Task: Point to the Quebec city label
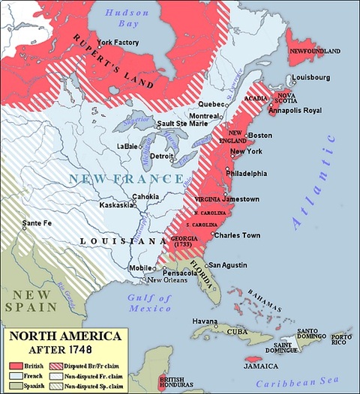pyautogui.click(x=211, y=104)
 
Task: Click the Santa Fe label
pyautogui.click(x=37, y=223)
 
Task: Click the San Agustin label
pyautogui.click(x=226, y=264)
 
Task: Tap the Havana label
pyautogui.click(x=204, y=321)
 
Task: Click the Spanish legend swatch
pyautogui.click(x=13, y=387)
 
